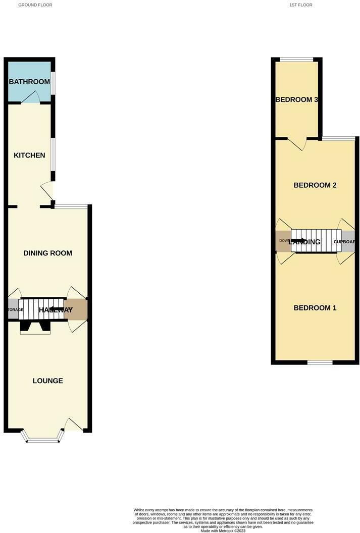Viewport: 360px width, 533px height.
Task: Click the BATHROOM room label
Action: (29, 82)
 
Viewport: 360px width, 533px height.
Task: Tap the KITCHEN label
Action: (29, 155)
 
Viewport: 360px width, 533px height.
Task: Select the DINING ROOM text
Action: (48, 253)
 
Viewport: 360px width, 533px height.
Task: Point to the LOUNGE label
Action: (48, 381)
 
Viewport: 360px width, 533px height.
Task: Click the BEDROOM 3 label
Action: (296, 99)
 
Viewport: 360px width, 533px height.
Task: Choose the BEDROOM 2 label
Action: (315, 185)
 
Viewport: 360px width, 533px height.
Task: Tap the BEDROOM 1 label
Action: (315, 308)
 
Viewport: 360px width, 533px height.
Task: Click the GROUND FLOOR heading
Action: (35, 5)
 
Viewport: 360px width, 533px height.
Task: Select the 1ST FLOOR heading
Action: (301, 5)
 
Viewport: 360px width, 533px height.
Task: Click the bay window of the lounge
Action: (43, 440)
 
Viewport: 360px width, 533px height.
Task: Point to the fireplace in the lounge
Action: (35, 328)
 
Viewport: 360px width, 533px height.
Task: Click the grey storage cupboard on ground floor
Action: (13, 309)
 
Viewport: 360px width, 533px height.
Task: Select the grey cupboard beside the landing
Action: (348, 241)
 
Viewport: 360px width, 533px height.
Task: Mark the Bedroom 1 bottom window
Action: (320, 362)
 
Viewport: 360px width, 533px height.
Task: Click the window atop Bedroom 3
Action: (296, 60)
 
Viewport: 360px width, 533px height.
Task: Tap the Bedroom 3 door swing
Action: (298, 144)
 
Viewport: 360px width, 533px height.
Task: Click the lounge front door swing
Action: (74, 425)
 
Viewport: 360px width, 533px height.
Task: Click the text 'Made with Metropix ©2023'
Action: (223, 530)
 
